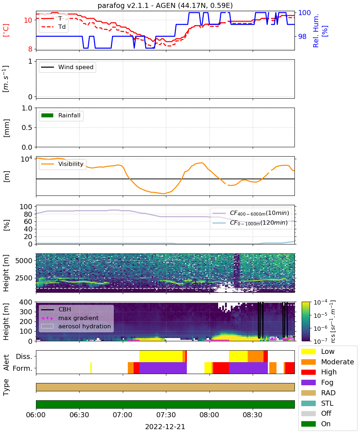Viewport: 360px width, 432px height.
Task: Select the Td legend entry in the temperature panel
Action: pyautogui.click(x=54, y=27)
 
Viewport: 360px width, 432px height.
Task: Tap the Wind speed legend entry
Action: pyautogui.click(x=67, y=67)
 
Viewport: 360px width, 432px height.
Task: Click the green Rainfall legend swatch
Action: pyautogui.click(x=48, y=115)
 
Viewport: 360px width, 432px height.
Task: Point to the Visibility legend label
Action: pyautogui.click(x=71, y=164)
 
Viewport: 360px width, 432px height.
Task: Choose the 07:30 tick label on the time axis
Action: pyautogui.click(x=166, y=415)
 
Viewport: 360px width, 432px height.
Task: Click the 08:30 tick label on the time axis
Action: pyautogui.click(x=252, y=415)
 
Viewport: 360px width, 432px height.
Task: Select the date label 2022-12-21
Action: pyautogui.click(x=165, y=427)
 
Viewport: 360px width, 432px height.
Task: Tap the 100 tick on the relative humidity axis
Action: pyautogui.click(x=304, y=13)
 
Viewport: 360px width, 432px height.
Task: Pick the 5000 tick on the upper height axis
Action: pyautogui.click(x=24, y=261)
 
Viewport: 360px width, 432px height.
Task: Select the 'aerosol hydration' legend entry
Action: pyautogui.click(x=76, y=326)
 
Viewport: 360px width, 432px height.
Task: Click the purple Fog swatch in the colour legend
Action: pyautogui.click(x=308, y=382)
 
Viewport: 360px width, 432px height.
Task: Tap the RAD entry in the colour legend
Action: pyautogui.click(x=318, y=393)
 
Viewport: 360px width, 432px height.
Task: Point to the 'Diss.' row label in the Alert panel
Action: pyautogui.click(x=24, y=356)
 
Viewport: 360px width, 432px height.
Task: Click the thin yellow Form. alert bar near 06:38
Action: pyautogui.click(x=91, y=368)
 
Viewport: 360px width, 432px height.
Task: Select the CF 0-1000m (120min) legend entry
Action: pyautogui.click(x=250, y=223)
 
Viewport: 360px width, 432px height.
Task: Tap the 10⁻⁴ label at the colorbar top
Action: pyautogui.click(x=320, y=302)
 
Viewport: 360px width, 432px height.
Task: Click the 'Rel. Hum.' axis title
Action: pyautogui.click(x=316, y=31)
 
